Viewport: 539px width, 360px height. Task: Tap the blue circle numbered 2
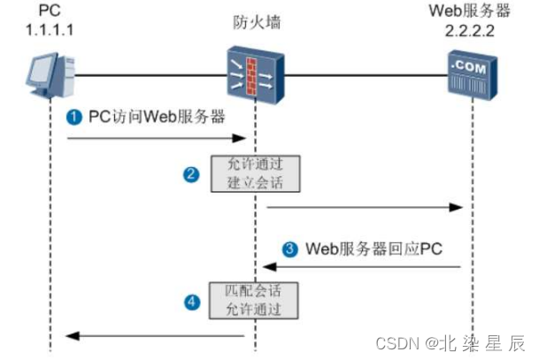[x=190, y=174]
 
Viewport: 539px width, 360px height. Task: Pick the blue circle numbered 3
[x=289, y=249]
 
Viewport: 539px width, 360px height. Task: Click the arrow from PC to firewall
[x=155, y=138]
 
